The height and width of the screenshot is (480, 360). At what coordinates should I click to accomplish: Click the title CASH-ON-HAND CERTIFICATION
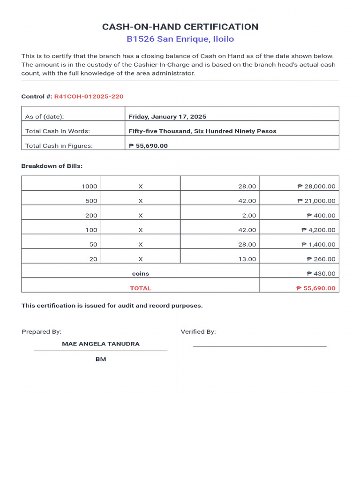point(180,27)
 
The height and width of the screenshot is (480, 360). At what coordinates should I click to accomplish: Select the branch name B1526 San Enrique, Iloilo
point(180,39)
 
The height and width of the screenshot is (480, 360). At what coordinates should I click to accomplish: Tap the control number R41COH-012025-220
point(89,97)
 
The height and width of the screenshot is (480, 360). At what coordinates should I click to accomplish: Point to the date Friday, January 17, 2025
point(167,117)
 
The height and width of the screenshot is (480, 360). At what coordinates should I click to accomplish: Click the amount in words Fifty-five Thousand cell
point(202,131)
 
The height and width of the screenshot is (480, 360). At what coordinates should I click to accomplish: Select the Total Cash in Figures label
point(59,146)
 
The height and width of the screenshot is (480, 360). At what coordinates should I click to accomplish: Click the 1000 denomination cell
point(89,187)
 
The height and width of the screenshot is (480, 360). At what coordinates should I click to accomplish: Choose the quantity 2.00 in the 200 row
point(249,216)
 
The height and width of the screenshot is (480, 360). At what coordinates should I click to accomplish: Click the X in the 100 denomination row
point(140,230)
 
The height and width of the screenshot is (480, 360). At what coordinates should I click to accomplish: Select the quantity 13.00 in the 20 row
point(247,259)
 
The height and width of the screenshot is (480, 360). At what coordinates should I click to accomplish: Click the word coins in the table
point(140,274)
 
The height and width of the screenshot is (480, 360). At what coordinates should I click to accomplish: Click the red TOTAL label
point(140,288)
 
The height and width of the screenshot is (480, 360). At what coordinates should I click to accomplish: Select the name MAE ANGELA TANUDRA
point(101,344)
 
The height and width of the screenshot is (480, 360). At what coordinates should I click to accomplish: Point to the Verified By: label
point(198,332)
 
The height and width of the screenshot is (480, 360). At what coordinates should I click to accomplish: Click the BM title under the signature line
point(101,360)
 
